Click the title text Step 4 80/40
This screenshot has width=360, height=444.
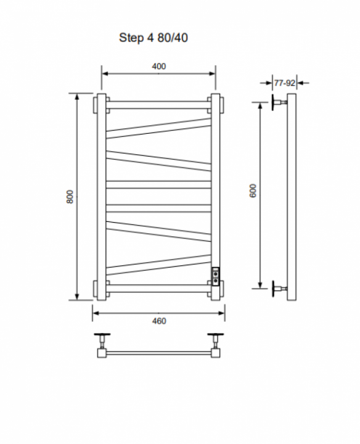[x=153, y=38]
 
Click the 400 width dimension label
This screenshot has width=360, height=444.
[x=159, y=66]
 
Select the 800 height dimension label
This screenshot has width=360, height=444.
[x=70, y=197]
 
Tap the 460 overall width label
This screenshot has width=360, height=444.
[x=159, y=321]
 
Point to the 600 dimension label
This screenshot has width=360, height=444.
[x=253, y=191]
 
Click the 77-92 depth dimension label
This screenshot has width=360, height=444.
[x=284, y=83]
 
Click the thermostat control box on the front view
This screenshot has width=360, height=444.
[x=215, y=277]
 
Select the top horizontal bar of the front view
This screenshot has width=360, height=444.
[x=158, y=105]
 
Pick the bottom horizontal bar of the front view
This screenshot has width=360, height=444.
[x=158, y=289]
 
